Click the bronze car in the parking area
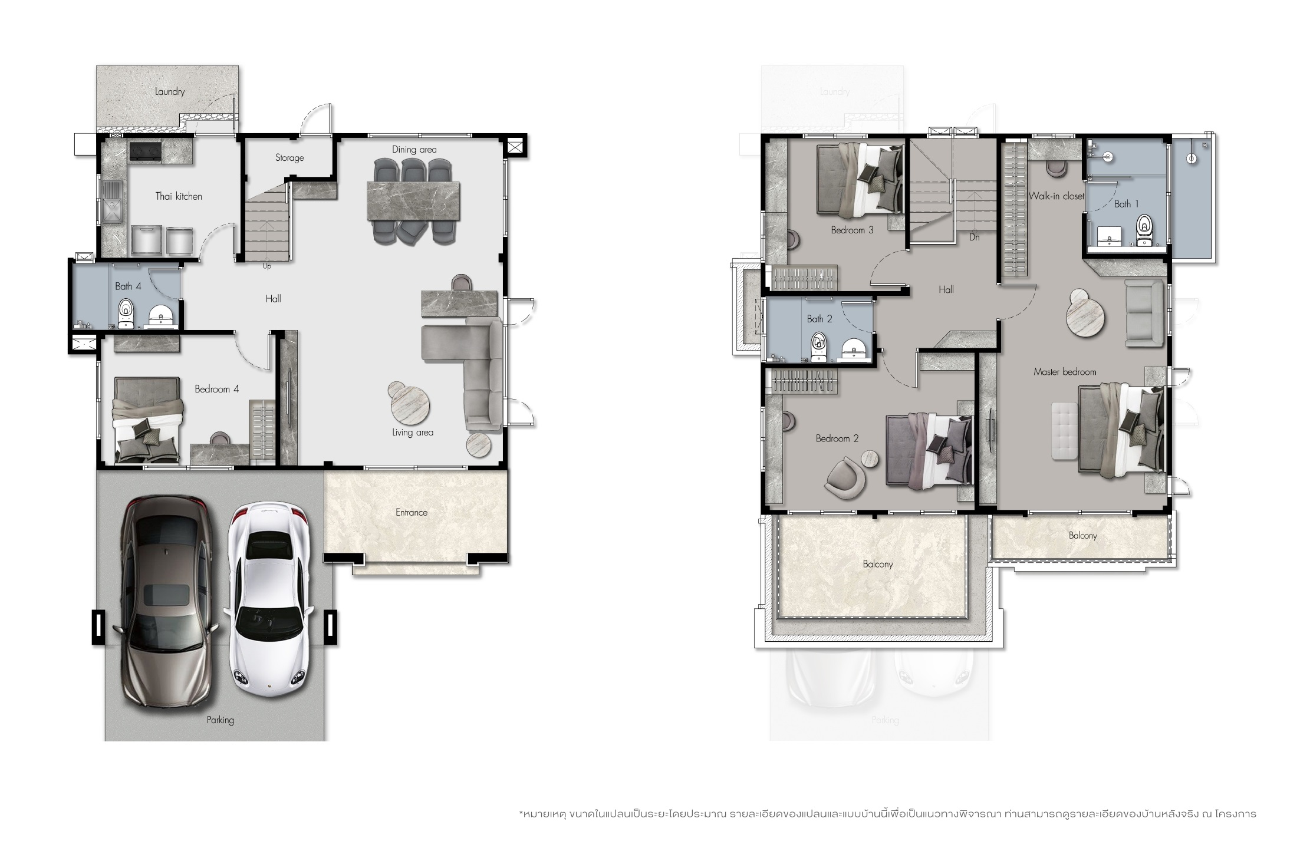click(x=167, y=605)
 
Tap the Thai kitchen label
click(x=179, y=196)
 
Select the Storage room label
click(x=289, y=158)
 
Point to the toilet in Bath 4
click(x=126, y=314)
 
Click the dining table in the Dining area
click(x=413, y=201)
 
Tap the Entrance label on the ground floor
click(x=412, y=512)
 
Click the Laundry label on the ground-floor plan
click(x=170, y=91)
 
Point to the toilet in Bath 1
click(x=1144, y=230)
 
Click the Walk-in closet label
click(x=1057, y=196)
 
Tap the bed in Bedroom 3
click(x=860, y=180)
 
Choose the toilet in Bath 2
click(x=818, y=347)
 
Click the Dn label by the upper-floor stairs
click(x=975, y=237)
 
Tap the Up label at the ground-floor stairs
click(x=266, y=266)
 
